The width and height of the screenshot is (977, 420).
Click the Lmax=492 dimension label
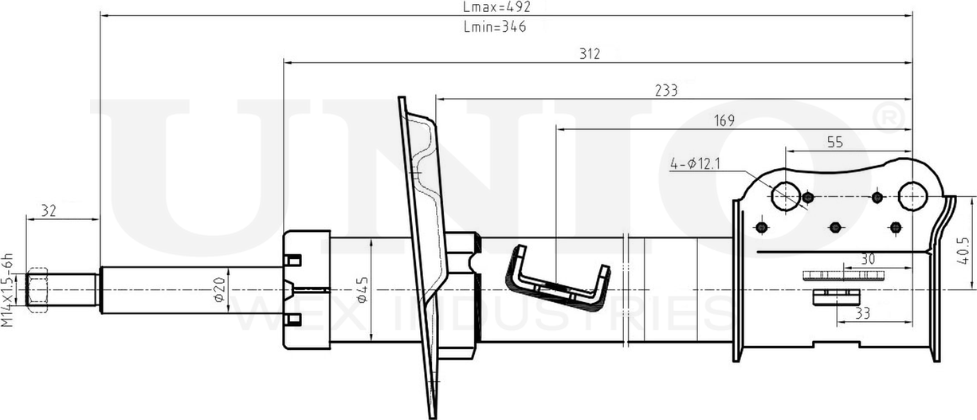pos(496,7)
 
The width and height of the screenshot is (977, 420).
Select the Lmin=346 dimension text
pos(494,26)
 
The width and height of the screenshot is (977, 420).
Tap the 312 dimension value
pos(590,54)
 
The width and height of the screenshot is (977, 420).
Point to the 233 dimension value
pos(665,91)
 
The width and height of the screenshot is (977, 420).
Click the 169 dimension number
pos(724,121)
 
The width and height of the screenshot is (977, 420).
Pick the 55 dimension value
pos(834,143)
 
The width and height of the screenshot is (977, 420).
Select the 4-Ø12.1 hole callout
pos(696,165)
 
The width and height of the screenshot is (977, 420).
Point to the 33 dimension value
pos(862,314)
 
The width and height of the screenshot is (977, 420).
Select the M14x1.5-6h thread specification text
pos(9,290)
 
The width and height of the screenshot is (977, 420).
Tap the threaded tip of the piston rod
pos(38,289)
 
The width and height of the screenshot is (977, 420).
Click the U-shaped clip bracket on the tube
pos(557,277)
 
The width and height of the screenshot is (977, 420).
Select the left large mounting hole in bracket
pos(786,196)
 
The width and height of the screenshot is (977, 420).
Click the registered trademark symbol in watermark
pos(889,118)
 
